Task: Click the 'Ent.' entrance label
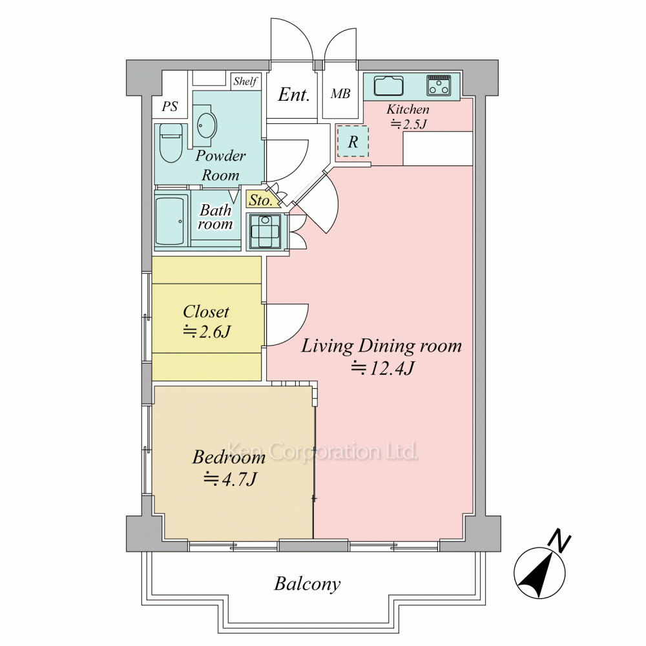point(293,95)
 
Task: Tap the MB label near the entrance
point(340,94)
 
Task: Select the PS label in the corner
point(169,107)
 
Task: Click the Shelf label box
point(245,81)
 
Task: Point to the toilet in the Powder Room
point(171,143)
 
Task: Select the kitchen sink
point(388,86)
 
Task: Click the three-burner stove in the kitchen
point(439,85)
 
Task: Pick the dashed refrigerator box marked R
point(353,141)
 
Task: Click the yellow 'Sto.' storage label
point(260,200)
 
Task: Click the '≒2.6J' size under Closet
point(207,331)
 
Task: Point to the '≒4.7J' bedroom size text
point(231,479)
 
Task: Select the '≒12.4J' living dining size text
point(382,368)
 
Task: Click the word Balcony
point(307,584)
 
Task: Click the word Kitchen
point(408,109)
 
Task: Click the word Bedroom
point(229,457)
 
